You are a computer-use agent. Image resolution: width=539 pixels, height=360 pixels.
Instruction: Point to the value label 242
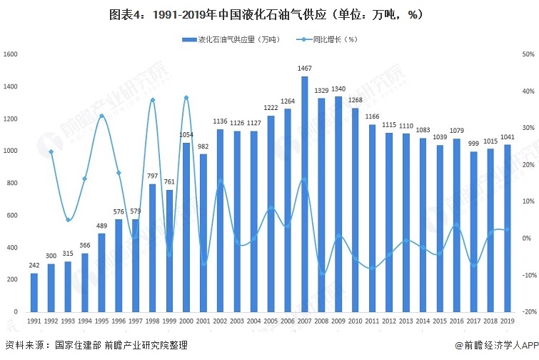pos(34,266)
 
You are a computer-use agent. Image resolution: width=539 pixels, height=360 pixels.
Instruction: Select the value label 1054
pos(186,135)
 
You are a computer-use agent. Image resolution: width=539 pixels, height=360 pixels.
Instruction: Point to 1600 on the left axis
pos(10,54)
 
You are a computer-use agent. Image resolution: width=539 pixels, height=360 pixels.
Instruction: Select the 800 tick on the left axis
pos(12,184)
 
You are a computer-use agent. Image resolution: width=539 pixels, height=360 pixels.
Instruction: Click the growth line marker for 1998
pos(153,100)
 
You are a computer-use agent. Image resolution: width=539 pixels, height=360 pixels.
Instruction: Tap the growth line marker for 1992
pos(51,151)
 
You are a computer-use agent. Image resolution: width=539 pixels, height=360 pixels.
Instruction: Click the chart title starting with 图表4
pos(269,15)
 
